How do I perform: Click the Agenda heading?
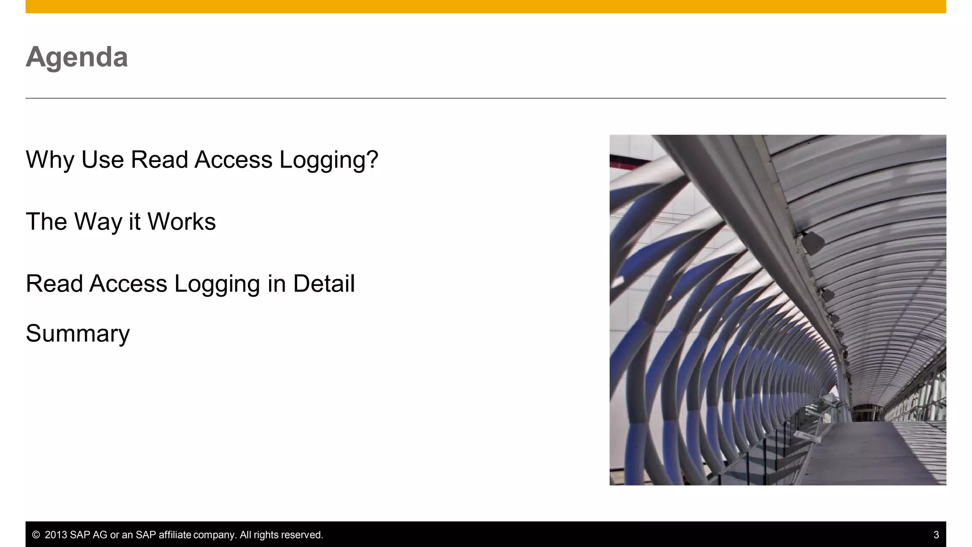pyautogui.click(x=77, y=57)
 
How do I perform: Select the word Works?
pyautogui.click(x=181, y=222)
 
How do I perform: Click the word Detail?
pyautogui.click(x=324, y=283)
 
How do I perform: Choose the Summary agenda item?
pyautogui.click(x=78, y=333)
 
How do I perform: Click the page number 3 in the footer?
pyautogui.click(x=936, y=535)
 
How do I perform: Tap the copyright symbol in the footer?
pyautogui.click(x=36, y=535)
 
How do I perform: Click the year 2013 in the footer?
pyautogui.click(x=56, y=535)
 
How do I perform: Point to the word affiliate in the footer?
pyautogui.click(x=175, y=535)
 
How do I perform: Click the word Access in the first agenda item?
pyautogui.click(x=234, y=160)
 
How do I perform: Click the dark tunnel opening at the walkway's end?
pyautogui.click(x=868, y=413)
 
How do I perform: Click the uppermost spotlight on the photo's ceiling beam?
pyautogui.click(x=813, y=243)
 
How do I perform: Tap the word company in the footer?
pyautogui.click(x=214, y=535)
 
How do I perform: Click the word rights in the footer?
pyautogui.click(x=266, y=535)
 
